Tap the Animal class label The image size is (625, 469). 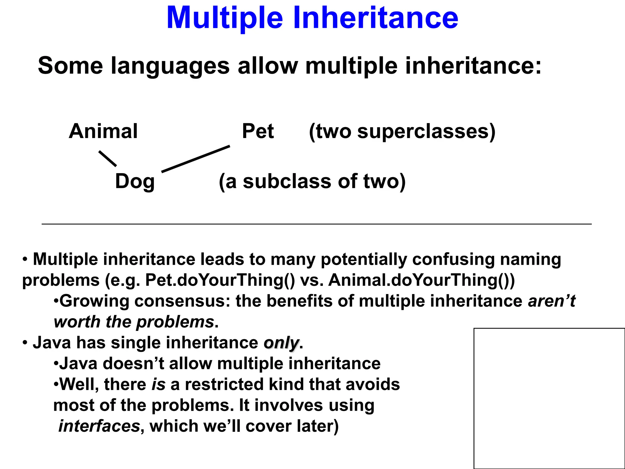coord(103,131)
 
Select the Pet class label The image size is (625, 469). coord(258,131)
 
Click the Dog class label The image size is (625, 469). coord(135,181)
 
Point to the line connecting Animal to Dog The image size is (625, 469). coord(107,158)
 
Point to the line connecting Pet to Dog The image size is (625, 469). coord(195,159)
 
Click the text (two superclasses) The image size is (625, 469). coord(402,131)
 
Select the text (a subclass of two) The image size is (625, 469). coord(312,181)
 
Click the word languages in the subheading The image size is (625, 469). coord(170,66)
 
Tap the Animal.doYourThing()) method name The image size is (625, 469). coord(421,280)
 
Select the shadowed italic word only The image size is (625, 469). coord(281,343)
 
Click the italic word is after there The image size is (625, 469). coord(158,384)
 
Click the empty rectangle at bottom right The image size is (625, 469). coord(549,398)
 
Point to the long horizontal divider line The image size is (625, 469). coord(316,224)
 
